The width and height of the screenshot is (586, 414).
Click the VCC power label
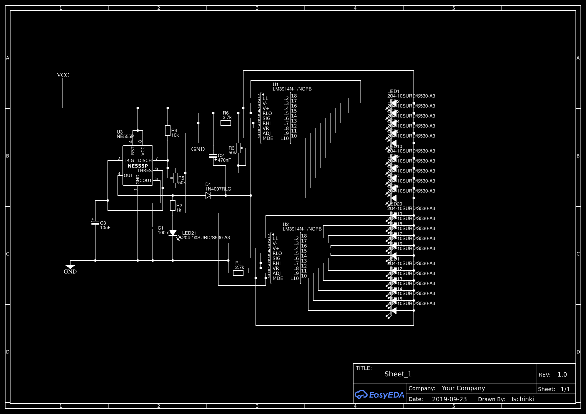pos(63,75)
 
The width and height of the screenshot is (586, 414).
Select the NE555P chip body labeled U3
pos(138,166)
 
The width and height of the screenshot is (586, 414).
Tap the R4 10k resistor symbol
pos(167,131)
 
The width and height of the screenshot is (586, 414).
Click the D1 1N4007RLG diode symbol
pos(208,195)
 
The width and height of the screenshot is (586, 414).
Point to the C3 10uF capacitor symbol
pos(95,222)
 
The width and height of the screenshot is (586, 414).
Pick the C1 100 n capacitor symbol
pos(153,228)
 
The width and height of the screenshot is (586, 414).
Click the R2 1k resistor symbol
pos(173,206)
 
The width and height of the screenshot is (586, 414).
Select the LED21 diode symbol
pos(173,233)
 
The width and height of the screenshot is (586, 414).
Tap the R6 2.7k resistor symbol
pos(226,122)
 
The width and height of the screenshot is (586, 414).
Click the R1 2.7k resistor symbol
pos(239,273)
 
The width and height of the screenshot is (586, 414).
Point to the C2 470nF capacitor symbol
pos(213,156)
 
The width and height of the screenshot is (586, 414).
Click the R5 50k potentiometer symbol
pos(175,177)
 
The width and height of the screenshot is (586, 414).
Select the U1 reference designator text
pos(276,84)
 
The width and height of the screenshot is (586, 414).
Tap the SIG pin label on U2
pos(276,258)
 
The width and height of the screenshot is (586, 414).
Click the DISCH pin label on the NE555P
pos(145,160)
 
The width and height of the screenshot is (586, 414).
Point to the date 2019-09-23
pos(449,399)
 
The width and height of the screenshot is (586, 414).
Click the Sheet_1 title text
pos(398,374)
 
